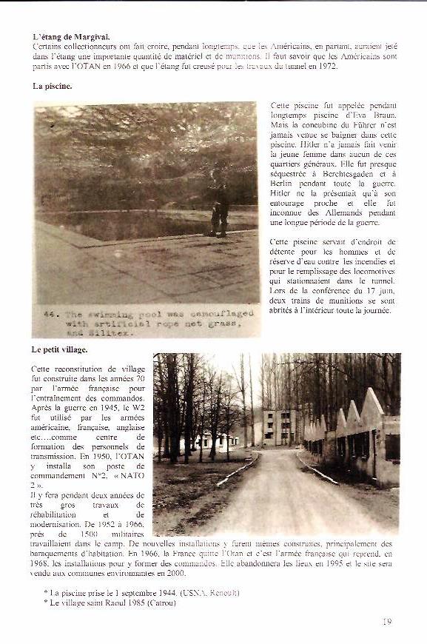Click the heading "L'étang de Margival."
[71, 36]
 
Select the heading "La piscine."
[52, 87]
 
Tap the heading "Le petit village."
[59, 349]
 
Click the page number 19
[387, 622]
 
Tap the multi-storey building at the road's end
[280, 427]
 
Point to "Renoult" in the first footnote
[223, 592]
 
